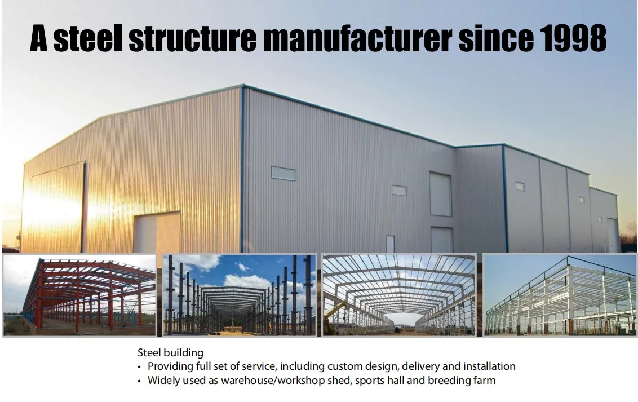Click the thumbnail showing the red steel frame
(x=79, y=295)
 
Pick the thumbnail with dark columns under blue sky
(x=240, y=295)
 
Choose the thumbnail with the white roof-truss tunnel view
(x=399, y=295)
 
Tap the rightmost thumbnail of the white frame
(x=560, y=295)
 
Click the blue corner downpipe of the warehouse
(x=243, y=169)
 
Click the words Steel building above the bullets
(x=170, y=353)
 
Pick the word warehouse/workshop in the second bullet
(x=267, y=380)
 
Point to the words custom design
(x=368, y=366)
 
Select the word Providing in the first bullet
(x=170, y=366)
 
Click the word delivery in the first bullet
(x=420, y=366)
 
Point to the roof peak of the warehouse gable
(x=243, y=86)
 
